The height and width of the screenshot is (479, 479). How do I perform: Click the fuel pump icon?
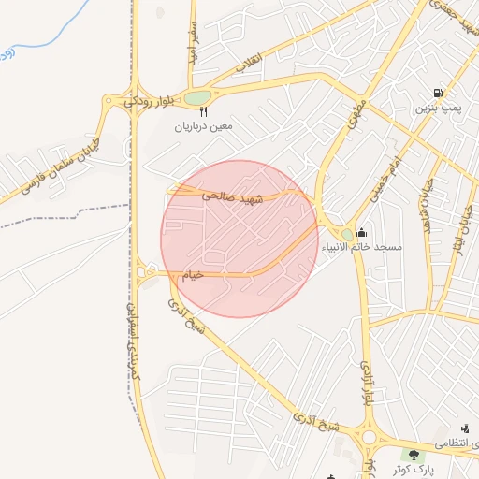tap(437, 94)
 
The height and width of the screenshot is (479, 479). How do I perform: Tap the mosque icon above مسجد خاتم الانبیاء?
tap(362, 233)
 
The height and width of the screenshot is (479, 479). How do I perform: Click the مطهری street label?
tap(356, 113)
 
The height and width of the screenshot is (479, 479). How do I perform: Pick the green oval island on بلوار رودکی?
tap(196, 97)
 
